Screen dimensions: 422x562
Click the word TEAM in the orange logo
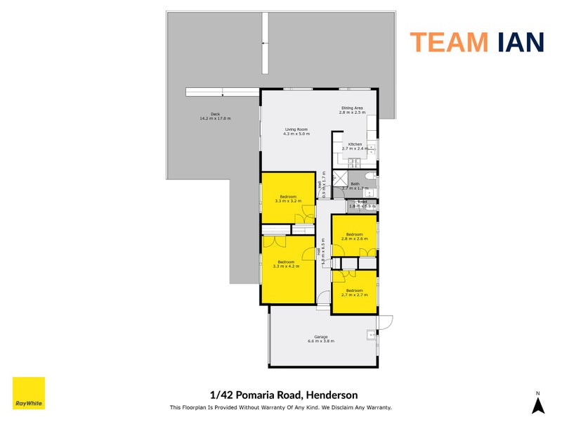click(x=449, y=42)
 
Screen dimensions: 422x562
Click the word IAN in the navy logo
click(x=518, y=42)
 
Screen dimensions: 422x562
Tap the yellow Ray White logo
click(x=29, y=393)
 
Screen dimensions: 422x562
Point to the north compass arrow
click(x=537, y=405)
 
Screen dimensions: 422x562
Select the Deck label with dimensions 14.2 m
click(x=215, y=116)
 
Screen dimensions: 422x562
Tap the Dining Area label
click(x=352, y=110)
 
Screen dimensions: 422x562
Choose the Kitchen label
click(x=354, y=146)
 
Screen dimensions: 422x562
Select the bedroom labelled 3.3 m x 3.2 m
click(x=288, y=198)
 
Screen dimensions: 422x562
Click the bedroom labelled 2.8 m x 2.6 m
click(x=353, y=237)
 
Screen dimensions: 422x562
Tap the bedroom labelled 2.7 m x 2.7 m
click(x=353, y=293)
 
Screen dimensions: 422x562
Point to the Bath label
click(x=355, y=186)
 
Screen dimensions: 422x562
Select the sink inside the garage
click(x=370, y=336)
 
